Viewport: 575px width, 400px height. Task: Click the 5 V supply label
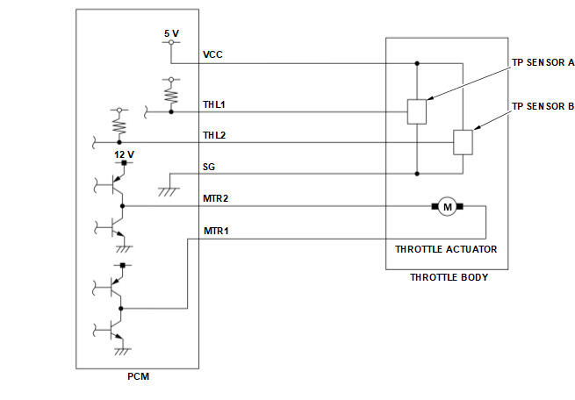point(171,33)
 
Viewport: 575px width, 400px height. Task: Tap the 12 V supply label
point(125,154)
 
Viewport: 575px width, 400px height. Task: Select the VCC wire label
point(212,54)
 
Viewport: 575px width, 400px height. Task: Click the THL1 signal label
point(214,104)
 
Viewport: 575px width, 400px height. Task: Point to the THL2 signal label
point(214,136)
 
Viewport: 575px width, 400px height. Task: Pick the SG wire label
point(209,167)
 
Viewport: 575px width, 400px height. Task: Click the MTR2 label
point(216,198)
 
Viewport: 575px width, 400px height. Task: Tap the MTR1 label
point(216,231)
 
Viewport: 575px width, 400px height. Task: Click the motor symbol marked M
point(448,207)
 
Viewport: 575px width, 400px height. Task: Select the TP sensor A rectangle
point(417,111)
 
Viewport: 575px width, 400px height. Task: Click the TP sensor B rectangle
point(463,142)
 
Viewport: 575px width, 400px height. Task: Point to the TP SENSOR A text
point(543,62)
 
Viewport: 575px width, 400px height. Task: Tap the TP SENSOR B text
point(543,106)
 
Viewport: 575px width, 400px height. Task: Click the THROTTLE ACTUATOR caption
point(446,249)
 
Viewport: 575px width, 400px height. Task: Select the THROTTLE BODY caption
point(449,277)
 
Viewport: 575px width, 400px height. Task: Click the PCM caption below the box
point(138,376)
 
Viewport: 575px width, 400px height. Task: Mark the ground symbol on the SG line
point(169,191)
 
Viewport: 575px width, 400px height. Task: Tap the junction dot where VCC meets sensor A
point(417,63)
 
